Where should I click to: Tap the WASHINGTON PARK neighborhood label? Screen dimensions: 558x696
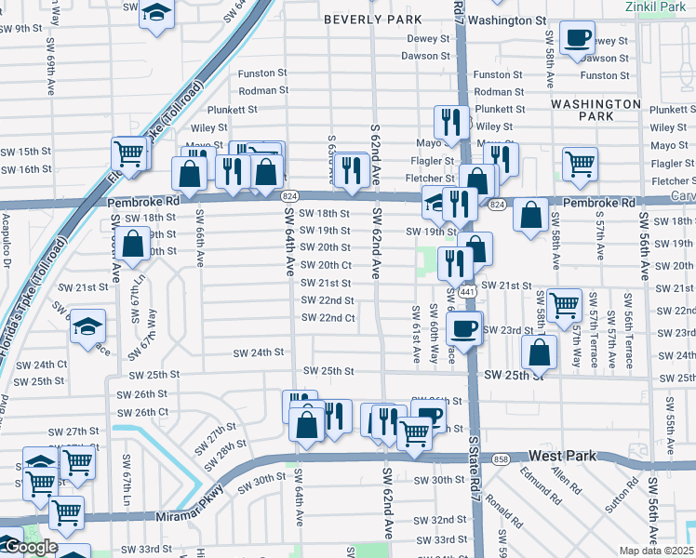pyautogui.click(x=595, y=110)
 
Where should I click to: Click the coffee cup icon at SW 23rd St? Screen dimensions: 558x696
pyautogui.click(x=463, y=327)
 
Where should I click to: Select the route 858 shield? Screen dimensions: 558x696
pyautogui.click(x=502, y=460)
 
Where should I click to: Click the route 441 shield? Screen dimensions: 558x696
pyautogui.click(x=468, y=292)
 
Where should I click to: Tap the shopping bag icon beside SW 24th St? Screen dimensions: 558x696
pyautogui.click(x=540, y=352)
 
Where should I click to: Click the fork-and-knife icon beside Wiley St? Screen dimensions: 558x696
pyautogui.click(x=450, y=123)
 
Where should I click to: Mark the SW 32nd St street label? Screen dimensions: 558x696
pyautogui.click(x=441, y=519)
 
